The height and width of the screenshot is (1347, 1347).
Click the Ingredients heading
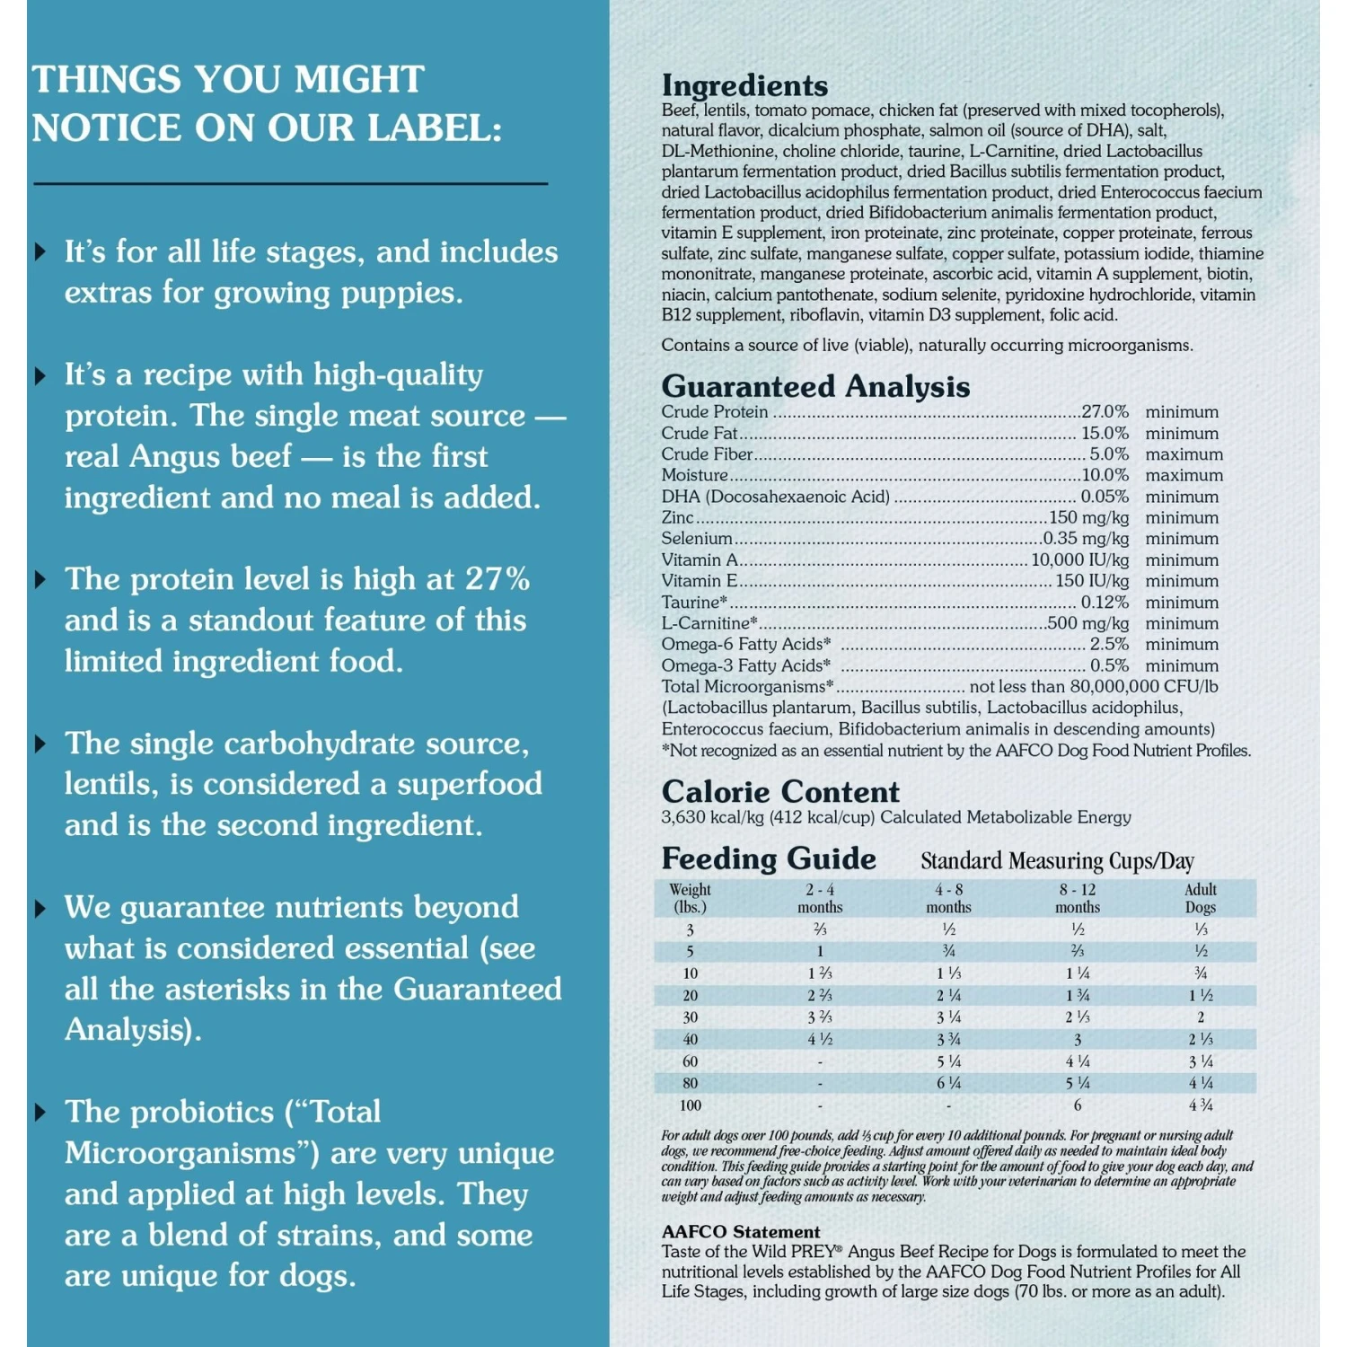coord(744,85)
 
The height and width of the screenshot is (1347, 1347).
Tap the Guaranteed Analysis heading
coord(815,386)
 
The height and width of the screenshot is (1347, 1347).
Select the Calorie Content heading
coord(780,792)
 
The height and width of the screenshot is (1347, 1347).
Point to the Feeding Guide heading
coord(769,858)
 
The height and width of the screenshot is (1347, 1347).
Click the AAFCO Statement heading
coord(741,1232)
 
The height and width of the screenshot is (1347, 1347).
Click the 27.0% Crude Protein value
coord(1105,412)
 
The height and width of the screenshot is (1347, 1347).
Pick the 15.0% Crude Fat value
coord(1105,434)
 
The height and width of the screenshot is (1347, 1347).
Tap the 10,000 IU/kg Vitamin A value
coord(1079,560)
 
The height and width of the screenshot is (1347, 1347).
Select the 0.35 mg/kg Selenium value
coord(1086,539)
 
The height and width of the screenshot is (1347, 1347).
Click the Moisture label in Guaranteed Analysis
coord(694,476)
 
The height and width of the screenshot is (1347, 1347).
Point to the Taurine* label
coord(694,603)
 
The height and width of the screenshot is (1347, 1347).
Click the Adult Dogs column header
coord(1201,898)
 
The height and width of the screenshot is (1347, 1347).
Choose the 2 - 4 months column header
coord(820,898)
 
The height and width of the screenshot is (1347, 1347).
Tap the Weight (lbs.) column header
coord(690,898)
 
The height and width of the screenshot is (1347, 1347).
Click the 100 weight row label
coord(690,1105)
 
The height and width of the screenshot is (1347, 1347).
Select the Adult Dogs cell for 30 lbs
coord(1201,1017)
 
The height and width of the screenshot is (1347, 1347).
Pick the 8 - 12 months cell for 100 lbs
coord(1078,1105)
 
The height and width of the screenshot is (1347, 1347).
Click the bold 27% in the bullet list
coord(497,579)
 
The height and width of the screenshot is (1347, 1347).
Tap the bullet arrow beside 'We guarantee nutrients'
coord(40,909)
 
